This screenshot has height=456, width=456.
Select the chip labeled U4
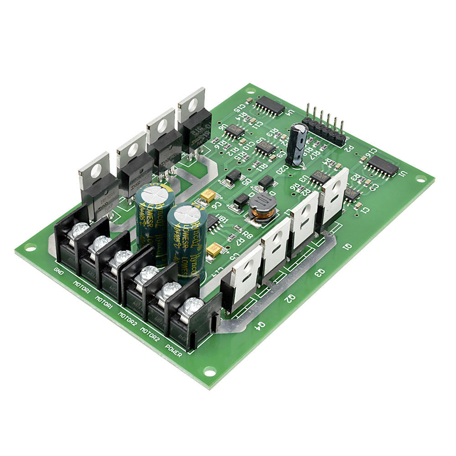pos(269,105)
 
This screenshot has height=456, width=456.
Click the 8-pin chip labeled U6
pos(234,131)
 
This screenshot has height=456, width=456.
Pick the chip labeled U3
pos(321,178)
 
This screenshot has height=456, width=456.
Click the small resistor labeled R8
pos(237,228)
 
